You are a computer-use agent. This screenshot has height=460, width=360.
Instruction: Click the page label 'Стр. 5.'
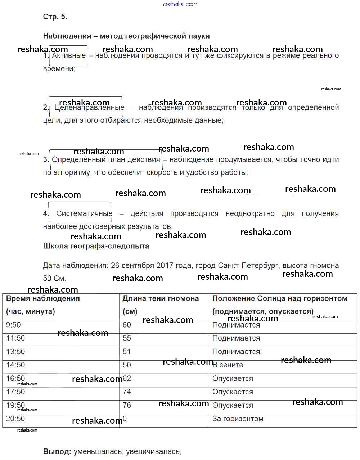(x=55, y=17)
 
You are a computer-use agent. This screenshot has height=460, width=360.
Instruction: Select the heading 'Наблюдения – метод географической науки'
(x=126, y=36)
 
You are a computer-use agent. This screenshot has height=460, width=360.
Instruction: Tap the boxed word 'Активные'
(x=68, y=56)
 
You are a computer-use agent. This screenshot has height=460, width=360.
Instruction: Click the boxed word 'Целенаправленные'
(x=89, y=107)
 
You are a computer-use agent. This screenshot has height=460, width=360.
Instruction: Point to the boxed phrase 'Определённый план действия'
(x=106, y=159)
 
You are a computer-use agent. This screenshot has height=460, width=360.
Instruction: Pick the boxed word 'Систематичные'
(x=84, y=213)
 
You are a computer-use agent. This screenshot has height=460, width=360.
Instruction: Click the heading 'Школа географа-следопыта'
(x=96, y=246)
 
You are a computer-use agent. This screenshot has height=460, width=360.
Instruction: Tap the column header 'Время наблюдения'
(x=43, y=298)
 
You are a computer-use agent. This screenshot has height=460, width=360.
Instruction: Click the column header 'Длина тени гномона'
(x=161, y=298)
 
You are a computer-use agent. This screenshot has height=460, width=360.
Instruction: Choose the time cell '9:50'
(x=14, y=325)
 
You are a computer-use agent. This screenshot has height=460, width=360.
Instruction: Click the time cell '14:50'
(x=15, y=365)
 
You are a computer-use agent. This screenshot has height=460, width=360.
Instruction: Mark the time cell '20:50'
(x=15, y=419)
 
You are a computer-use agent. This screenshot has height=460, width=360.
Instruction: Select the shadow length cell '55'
(x=127, y=338)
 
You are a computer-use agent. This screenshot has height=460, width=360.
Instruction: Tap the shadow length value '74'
(x=127, y=392)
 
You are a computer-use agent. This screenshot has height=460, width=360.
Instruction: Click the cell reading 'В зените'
(x=228, y=365)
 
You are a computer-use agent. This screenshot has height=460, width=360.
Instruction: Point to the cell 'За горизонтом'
(x=238, y=419)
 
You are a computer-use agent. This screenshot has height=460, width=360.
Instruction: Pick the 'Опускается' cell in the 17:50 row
(x=233, y=392)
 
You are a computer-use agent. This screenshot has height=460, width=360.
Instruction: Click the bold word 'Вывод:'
(x=57, y=451)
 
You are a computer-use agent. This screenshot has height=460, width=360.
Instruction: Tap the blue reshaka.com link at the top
(x=180, y=4)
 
